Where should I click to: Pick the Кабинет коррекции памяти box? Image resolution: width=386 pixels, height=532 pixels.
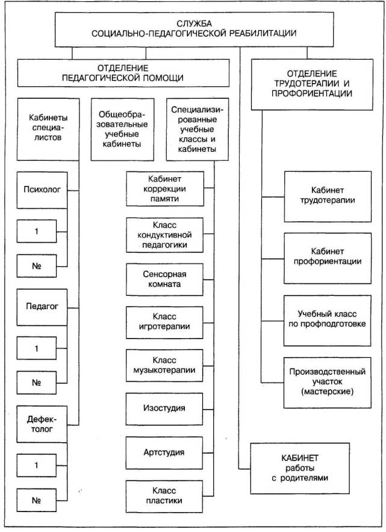164,189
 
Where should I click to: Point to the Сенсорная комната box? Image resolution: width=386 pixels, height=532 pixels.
164,278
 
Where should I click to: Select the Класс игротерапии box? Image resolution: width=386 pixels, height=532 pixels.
164,322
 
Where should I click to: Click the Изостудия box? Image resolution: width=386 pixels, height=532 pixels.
164,408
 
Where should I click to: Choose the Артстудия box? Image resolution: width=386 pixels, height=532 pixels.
164,452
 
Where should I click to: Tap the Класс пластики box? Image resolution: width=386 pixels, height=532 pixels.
164,495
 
